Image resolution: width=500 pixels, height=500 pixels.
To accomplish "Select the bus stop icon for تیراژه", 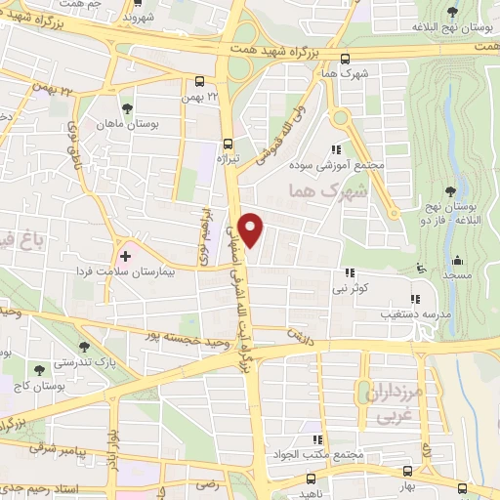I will [228, 140].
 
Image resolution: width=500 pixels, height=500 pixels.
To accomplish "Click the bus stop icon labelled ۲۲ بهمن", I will [200, 83].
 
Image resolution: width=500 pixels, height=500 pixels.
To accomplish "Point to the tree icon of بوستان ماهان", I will [125, 107].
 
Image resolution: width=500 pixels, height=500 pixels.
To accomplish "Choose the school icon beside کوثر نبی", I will [349, 273].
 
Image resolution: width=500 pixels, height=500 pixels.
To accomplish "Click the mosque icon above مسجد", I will [458, 261].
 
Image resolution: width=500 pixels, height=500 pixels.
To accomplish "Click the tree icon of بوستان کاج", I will [38, 370].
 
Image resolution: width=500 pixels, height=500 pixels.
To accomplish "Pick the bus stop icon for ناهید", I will [312, 479].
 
